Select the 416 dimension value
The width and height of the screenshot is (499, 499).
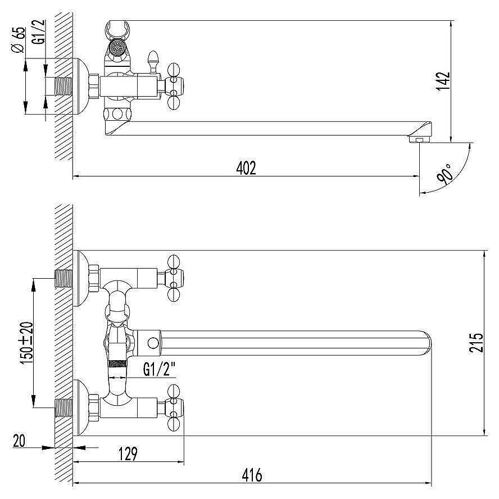(x=252, y=475)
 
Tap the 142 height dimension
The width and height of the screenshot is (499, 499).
(x=443, y=81)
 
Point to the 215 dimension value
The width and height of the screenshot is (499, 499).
(x=477, y=342)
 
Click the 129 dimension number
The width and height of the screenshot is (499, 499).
(x=128, y=454)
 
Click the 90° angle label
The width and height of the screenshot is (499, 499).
(x=445, y=174)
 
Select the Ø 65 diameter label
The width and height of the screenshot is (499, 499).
(x=17, y=40)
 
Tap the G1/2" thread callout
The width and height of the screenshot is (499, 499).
(x=160, y=370)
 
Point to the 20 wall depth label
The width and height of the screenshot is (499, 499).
(x=19, y=441)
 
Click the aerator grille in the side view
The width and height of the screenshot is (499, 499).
(x=117, y=47)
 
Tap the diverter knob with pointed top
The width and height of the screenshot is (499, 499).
(x=153, y=62)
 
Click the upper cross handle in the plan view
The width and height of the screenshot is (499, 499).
(x=174, y=278)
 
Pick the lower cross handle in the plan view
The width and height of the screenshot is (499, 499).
(x=174, y=407)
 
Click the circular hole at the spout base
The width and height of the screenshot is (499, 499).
(x=153, y=343)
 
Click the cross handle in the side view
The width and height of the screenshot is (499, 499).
(x=174, y=86)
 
